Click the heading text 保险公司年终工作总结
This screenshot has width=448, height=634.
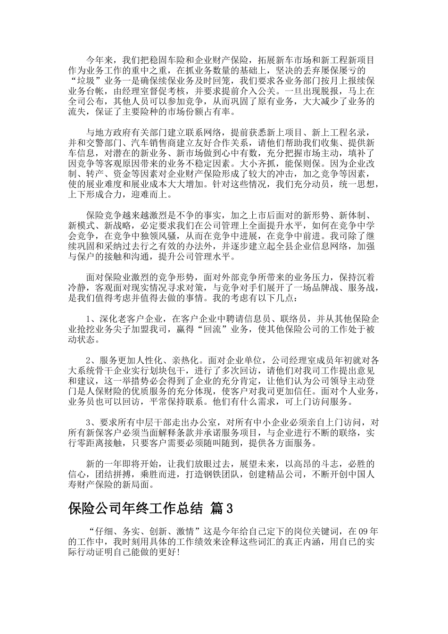point(136,509)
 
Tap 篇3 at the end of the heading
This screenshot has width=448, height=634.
point(223,509)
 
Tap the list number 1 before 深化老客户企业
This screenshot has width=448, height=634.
point(88,319)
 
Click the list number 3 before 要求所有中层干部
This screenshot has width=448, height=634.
point(88,422)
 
